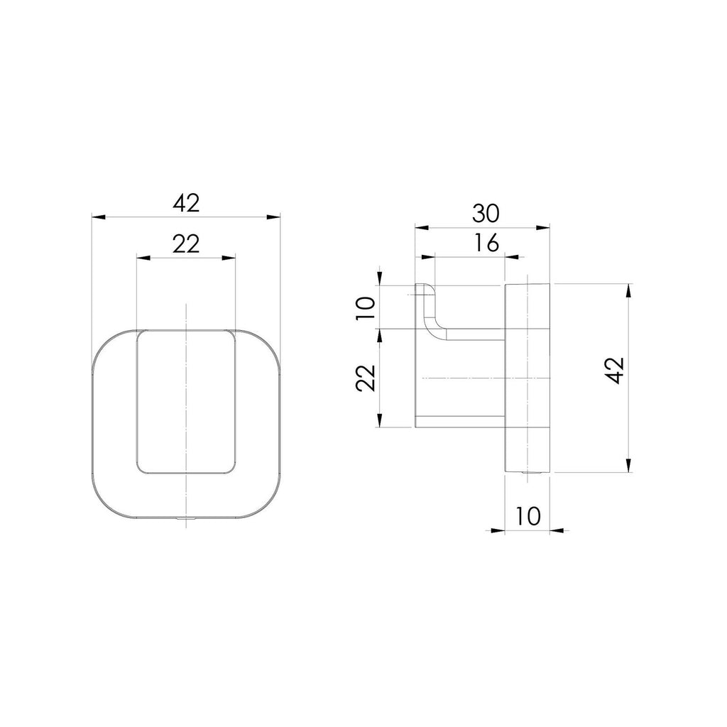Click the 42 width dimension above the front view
(187, 203)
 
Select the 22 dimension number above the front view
(186, 244)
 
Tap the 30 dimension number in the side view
(486, 213)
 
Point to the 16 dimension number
(486, 243)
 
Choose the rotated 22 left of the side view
(366, 378)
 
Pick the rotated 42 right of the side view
(616, 371)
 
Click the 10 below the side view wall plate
(528, 516)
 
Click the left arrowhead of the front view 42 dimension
(98, 217)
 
